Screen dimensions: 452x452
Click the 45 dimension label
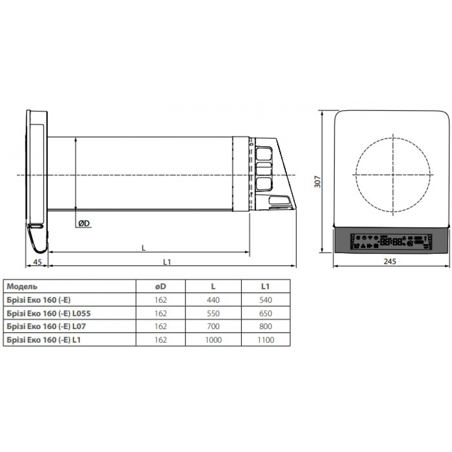(38, 262)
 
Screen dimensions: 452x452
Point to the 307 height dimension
(317, 182)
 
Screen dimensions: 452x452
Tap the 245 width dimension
(390, 261)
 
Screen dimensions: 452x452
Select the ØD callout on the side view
(84, 223)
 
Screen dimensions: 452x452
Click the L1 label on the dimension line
(167, 262)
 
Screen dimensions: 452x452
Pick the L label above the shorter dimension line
(144, 248)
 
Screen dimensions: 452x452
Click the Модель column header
(22, 287)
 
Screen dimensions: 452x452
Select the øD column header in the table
(160, 286)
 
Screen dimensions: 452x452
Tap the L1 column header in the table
(265, 286)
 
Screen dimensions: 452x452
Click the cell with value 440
(213, 300)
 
